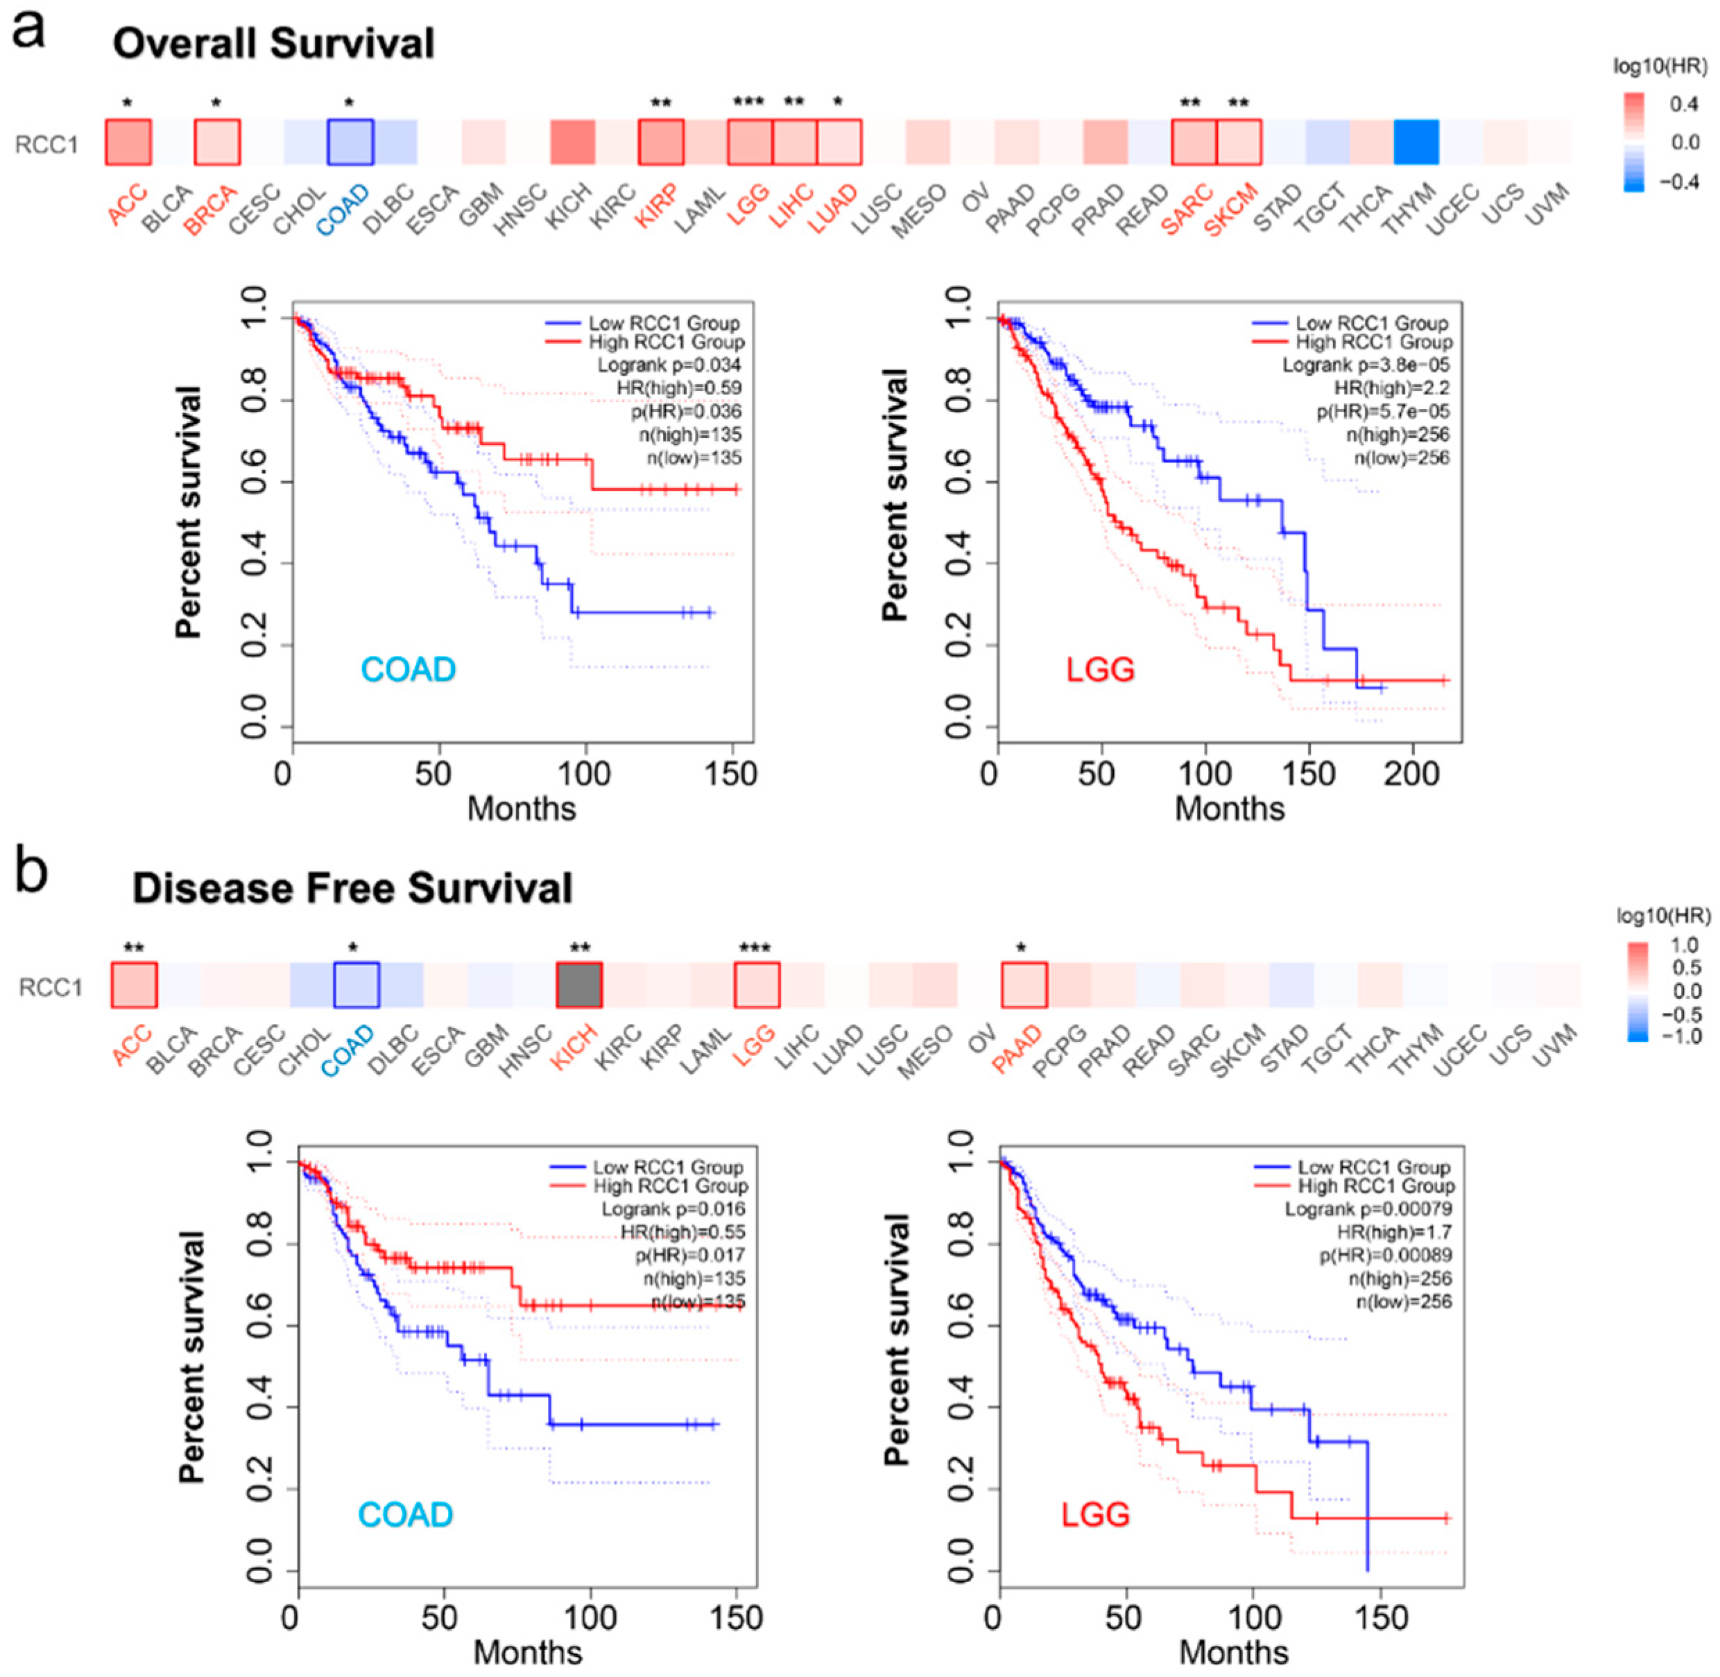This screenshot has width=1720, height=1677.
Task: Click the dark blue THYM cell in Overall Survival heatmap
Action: coord(1416,142)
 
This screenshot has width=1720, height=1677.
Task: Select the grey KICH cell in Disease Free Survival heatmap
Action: coord(579,984)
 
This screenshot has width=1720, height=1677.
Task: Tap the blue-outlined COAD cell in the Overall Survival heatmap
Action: coord(350,142)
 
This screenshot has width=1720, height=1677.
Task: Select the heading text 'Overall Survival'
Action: coord(273,42)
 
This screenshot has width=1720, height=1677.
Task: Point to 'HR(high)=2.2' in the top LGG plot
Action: coord(1391,388)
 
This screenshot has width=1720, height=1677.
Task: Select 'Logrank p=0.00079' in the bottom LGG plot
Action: coord(1368,1208)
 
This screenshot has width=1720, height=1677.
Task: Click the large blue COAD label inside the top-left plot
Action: coord(408,670)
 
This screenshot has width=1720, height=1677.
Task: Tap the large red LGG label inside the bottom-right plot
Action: coord(1095,1514)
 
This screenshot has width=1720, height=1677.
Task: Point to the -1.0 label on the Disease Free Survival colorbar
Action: coord(1680,1036)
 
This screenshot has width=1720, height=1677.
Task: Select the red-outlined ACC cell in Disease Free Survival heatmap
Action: coord(134,984)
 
